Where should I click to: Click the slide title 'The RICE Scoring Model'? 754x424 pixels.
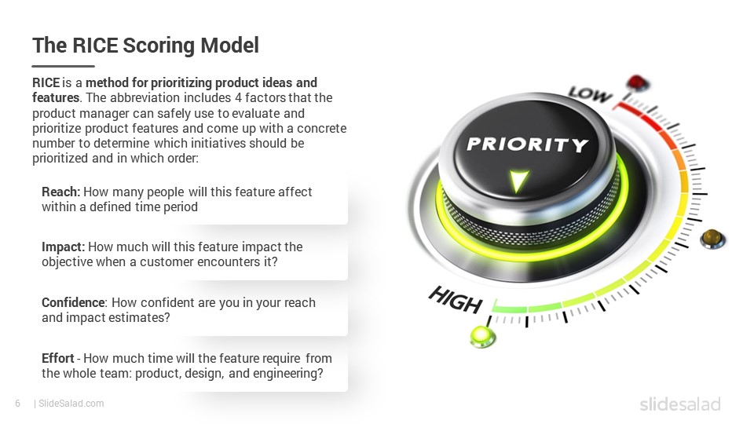[145, 46]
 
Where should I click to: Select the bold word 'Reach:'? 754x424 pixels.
[61, 192]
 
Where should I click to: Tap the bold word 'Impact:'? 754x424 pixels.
[63, 247]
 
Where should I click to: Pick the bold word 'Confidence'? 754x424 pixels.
[73, 302]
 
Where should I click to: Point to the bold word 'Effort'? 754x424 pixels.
[57, 358]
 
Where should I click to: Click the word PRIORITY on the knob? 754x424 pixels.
[528, 144]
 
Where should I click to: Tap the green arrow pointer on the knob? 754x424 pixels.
[518, 181]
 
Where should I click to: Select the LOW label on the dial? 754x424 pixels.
[590, 94]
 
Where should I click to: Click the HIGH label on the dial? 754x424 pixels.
[455, 299]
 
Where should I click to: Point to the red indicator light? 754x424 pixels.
[638, 82]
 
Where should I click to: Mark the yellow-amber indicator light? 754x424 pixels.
[712, 239]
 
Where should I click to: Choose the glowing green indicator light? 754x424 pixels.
[482, 335]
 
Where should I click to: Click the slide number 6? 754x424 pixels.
[18, 404]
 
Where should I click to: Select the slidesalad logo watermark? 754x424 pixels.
[680, 404]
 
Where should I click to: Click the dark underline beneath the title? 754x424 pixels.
[64, 66]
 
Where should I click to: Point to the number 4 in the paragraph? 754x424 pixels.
[238, 97]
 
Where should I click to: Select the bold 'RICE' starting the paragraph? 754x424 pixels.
[46, 82]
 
